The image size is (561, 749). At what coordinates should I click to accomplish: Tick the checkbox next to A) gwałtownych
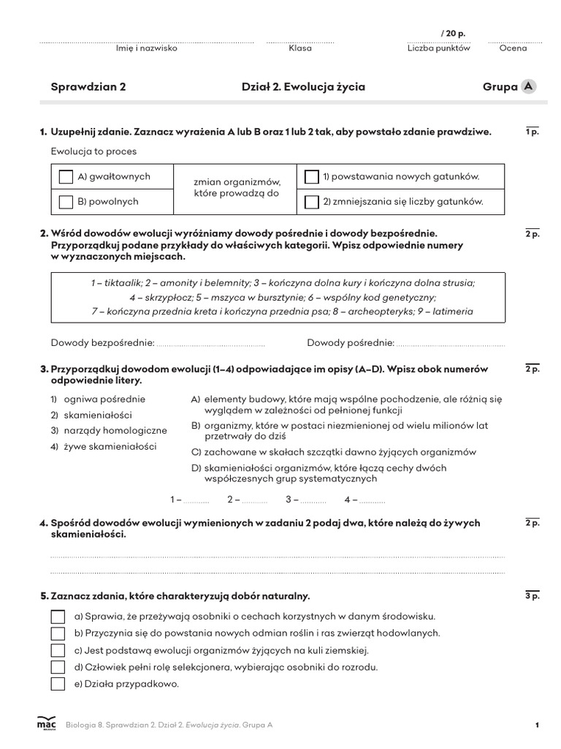click(66, 177)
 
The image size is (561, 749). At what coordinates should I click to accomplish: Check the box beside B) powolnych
click(66, 202)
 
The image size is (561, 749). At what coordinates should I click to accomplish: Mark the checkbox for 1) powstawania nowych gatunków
click(312, 177)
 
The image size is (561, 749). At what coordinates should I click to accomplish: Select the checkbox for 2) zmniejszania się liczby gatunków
click(312, 202)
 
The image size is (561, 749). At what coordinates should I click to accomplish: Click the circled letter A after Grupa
click(528, 87)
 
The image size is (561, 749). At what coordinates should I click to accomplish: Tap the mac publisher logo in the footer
click(46, 723)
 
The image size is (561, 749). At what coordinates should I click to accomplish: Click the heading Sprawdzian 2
click(88, 87)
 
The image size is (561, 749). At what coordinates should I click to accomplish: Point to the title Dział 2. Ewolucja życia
click(303, 87)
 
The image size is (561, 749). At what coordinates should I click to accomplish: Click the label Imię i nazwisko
click(147, 48)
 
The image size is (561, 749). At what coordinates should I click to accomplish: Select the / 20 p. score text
click(453, 34)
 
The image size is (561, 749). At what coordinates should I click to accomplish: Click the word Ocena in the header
click(513, 48)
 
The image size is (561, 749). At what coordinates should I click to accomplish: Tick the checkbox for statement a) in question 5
click(58, 616)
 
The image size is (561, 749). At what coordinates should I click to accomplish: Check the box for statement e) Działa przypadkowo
click(58, 684)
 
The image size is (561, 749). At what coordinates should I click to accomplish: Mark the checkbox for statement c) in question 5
click(58, 650)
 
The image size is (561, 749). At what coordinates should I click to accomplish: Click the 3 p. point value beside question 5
click(532, 597)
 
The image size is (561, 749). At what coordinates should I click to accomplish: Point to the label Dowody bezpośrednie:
click(102, 343)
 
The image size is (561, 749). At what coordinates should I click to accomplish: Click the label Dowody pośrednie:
click(351, 343)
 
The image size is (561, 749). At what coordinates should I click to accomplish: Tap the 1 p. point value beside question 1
click(532, 132)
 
